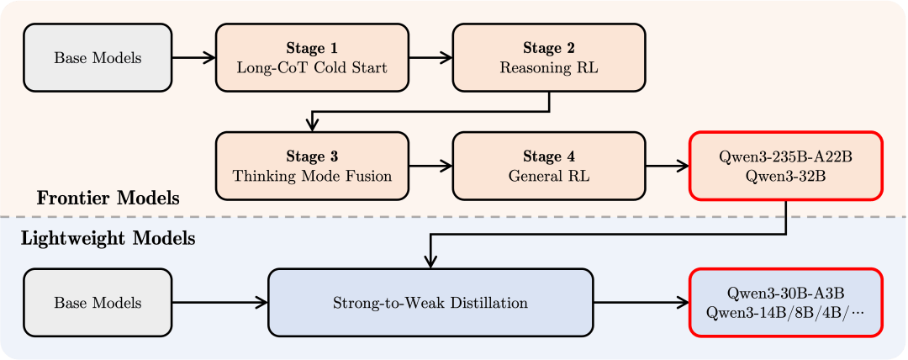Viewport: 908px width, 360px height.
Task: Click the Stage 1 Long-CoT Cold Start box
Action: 312,57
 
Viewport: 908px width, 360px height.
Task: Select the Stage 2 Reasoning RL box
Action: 549,57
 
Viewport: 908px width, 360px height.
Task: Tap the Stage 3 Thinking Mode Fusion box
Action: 312,166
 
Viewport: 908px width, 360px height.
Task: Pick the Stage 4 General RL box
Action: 549,166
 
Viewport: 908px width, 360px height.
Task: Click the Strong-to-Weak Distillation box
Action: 430,303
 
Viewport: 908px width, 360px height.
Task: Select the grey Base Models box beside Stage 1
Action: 98,57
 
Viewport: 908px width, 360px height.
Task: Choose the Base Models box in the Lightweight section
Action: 98,303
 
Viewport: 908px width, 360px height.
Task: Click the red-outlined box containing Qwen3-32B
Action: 786,166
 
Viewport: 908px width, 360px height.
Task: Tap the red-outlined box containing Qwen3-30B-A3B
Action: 786,303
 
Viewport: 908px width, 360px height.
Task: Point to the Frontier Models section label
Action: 108,199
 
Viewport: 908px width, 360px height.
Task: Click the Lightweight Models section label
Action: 108,238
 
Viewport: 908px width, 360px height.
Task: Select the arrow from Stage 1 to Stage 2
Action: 430,57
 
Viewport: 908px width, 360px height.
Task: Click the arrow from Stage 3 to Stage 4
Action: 430,166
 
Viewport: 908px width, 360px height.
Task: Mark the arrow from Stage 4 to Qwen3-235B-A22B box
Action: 668,166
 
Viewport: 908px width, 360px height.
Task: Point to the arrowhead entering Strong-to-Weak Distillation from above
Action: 430,262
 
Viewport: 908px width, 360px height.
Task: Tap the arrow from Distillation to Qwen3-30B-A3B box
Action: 641,303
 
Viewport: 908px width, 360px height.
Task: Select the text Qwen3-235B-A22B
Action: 785,157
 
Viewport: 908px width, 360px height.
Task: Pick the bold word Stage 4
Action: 549,156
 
